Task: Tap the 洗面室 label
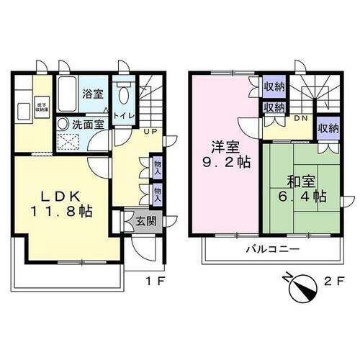point(88,124)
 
